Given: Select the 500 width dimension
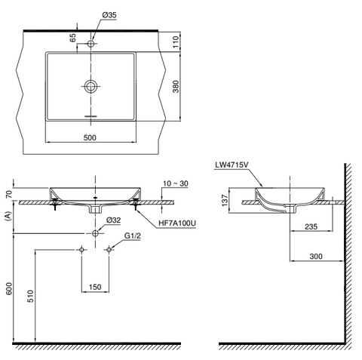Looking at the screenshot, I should (x=90, y=137).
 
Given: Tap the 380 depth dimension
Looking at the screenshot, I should (x=176, y=85).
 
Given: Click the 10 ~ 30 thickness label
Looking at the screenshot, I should (x=174, y=183).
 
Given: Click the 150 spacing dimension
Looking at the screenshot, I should (x=94, y=288).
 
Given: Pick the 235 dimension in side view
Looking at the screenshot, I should (x=309, y=224).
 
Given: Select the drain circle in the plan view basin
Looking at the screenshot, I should (x=90, y=85).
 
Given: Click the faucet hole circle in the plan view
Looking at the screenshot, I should (x=90, y=45).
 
